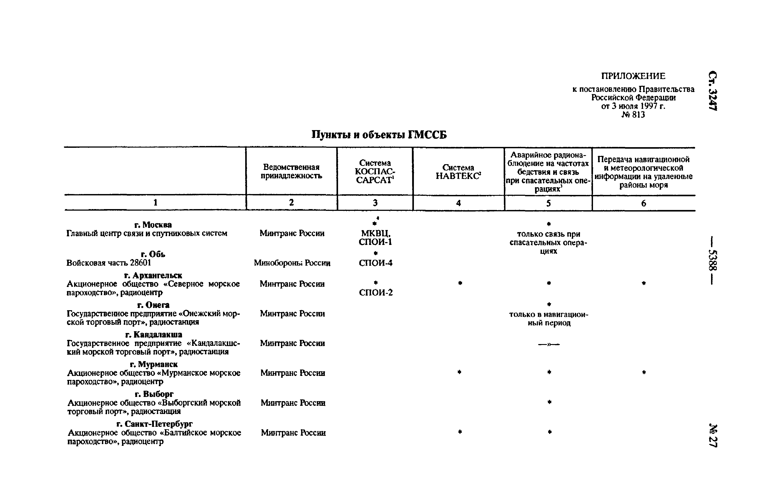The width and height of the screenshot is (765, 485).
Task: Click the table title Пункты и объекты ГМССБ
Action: (x=379, y=135)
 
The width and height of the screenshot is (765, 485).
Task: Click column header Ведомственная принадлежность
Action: (x=291, y=171)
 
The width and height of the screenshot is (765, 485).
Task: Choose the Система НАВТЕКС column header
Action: (x=458, y=172)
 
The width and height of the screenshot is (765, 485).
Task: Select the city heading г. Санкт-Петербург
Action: (x=154, y=424)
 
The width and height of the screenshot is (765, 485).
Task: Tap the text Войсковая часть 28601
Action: (x=109, y=263)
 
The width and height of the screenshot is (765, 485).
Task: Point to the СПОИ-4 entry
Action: (x=375, y=263)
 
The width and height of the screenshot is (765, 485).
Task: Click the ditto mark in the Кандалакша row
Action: (x=549, y=344)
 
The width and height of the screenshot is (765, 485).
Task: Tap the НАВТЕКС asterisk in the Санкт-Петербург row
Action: (x=459, y=432)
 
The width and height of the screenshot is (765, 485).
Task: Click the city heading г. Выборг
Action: (x=154, y=394)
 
